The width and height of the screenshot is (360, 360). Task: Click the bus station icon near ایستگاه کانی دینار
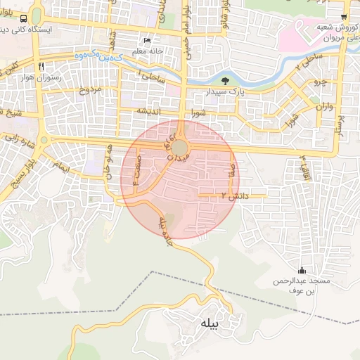[25, 19]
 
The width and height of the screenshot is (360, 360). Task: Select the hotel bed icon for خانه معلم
[146, 40]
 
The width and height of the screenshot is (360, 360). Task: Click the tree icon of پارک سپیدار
[224, 82]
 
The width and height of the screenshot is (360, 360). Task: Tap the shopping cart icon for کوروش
[343, 17]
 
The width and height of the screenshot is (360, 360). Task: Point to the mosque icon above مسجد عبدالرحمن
[302, 271]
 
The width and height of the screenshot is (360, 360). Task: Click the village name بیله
[211, 324]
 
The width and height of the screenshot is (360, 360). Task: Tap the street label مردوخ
[89, 89]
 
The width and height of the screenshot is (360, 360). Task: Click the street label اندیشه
[151, 110]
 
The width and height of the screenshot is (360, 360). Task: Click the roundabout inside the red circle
[181, 148]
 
